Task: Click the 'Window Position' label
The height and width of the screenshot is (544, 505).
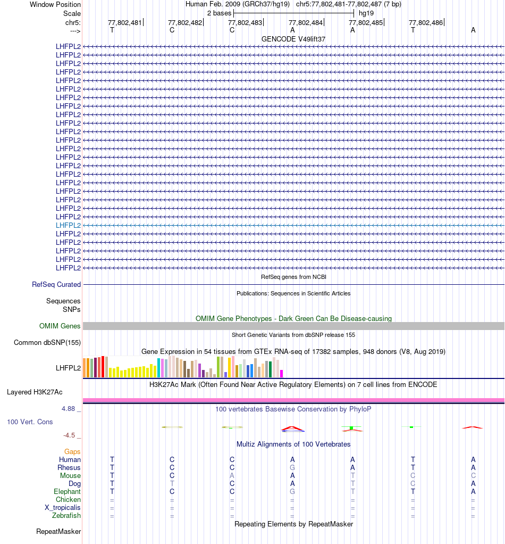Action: [55, 4]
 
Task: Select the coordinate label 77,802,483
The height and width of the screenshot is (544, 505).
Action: [245, 23]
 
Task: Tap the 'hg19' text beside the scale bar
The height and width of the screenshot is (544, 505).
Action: [366, 13]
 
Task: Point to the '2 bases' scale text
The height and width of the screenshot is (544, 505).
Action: [219, 13]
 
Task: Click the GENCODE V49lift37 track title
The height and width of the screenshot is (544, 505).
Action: [292, 39]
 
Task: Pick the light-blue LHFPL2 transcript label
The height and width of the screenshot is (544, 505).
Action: [69, 225]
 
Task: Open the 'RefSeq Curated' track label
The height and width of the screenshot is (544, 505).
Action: [56, 285]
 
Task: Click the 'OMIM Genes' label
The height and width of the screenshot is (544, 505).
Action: [60, 326]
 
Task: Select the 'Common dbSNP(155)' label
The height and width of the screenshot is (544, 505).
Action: [47, 343]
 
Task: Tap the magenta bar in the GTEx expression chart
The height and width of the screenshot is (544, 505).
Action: [282, 373]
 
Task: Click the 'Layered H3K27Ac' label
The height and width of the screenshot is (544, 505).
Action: [35, 392]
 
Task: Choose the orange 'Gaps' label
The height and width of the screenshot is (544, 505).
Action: [72, 452]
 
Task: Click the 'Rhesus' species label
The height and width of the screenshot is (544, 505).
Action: [69, 468]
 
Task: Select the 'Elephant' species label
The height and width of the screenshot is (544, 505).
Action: [67, 492]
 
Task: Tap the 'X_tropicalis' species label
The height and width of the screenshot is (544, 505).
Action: [63, 508]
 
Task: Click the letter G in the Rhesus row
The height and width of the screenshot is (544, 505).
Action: [292, 468]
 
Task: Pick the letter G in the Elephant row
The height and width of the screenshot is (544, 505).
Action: [292, 492]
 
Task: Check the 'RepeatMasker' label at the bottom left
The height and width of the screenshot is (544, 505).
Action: [58, 532]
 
